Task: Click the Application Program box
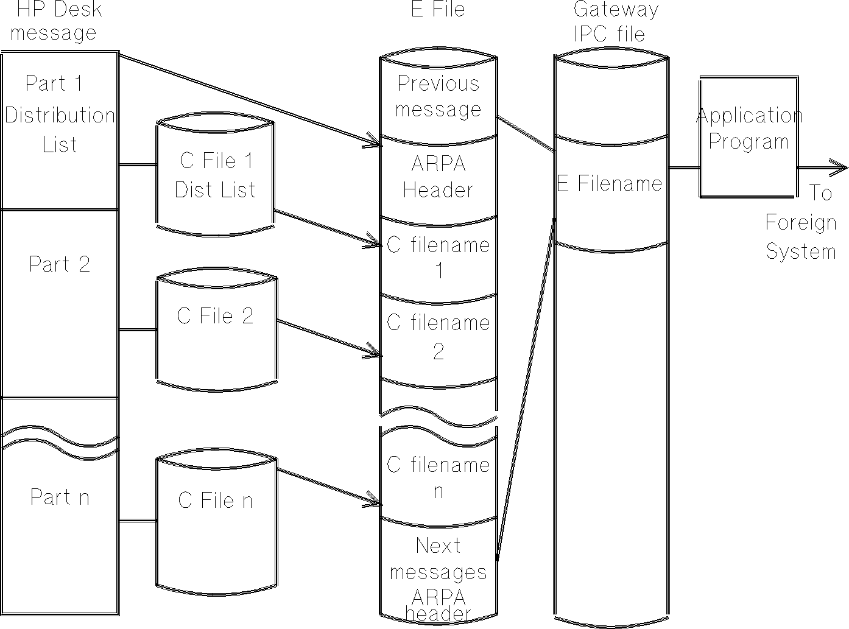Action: tap(748, 136)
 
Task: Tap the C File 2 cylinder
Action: tap(216, 332)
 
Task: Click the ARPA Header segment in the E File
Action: tap(438, 177)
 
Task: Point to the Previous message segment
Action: tap(438, 96)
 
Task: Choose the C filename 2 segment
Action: tap(438, 337)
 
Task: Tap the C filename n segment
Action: tap(438, 477)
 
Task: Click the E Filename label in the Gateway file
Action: tap(609, 183)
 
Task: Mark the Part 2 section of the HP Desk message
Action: tap(60, 264)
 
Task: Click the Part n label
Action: tap(60, 497)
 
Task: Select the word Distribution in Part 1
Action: tap(60, 115)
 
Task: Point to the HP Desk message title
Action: tap(55, 21)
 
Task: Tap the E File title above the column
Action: tap(438, 9)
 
